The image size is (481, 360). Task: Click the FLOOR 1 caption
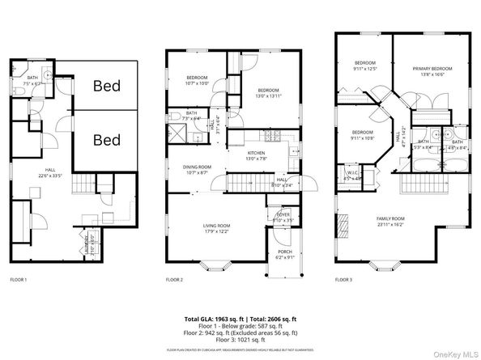point(19,279)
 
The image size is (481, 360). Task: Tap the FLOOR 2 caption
point(176,279)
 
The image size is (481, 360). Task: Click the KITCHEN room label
point(257,156)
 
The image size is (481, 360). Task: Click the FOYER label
point(283,215)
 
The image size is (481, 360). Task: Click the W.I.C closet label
point(350,175)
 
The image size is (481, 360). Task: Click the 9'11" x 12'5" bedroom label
point(364,66)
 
